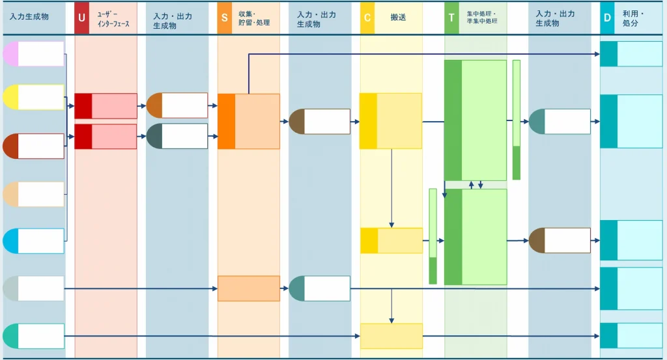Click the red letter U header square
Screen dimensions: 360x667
click(x=81, y=18)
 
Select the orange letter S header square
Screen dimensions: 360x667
click(x=225, y=18)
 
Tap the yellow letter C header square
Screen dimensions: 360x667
click(x=367, y=18)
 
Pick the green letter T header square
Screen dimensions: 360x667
click(x=451, y=18)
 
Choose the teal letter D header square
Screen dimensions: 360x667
click(x=607, y=18)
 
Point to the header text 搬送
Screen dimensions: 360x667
click(x=399, y=18)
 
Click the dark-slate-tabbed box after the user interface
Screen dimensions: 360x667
click(x=177, y=137)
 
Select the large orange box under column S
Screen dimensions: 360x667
click(x=249, y=122)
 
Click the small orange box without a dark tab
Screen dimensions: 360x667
click(x=249, y=288)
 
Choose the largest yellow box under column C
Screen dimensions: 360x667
click(x=391, y=121)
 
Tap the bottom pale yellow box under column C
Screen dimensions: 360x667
click(x=391, y=336)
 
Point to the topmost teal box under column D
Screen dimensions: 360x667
click(x=631, y=54)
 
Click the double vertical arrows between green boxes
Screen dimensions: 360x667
click(x=475, y=185)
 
